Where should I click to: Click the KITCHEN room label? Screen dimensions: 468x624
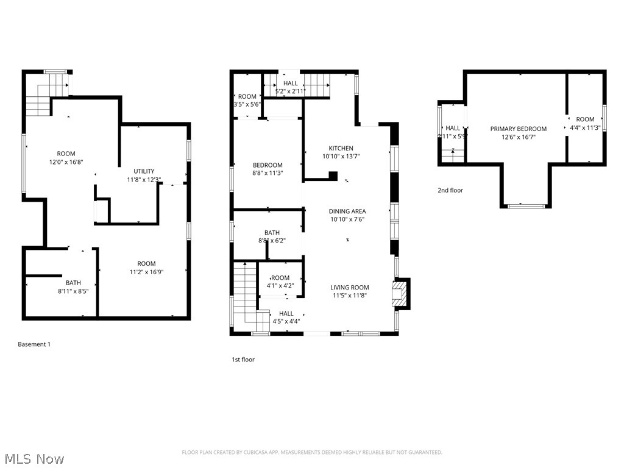click(x=341, y=148)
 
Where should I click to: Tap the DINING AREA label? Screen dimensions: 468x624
click(x=347, y=211)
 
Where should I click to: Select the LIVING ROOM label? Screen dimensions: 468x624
click(x=350, y=288)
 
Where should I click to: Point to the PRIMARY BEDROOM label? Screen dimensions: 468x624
click(x=519, y=129)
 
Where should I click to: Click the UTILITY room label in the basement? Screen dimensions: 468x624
click(x=144, y=171)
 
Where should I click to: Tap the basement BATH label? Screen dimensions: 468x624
click(x=73, y=283)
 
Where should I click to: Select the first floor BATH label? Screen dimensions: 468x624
click(x=272, y=233)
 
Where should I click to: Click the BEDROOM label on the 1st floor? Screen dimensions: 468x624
click(x=268, y=165)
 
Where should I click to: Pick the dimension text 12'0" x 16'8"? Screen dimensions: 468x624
click(x=66, y=163)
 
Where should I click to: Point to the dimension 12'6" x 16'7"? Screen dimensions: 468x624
click(x=519, y=137)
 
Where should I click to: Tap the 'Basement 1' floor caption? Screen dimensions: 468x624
click(x=34, y=344)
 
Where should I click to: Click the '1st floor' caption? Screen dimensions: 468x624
click(x=243, y=360)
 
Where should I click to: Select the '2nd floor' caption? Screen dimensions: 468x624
click(x=450, y=190)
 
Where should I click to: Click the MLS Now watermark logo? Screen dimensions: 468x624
click(x=34, y=458)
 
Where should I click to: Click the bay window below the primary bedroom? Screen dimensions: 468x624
click(x=526, y=206)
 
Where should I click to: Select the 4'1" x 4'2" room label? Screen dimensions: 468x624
click(x=280, y=282)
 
